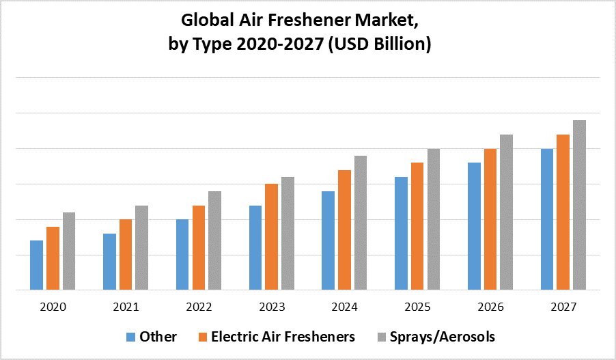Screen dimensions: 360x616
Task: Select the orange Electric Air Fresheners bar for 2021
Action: (x=126, y=254)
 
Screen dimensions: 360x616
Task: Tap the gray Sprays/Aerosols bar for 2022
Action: (x=214, y=240)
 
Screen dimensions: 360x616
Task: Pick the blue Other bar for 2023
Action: (x=255, y=247)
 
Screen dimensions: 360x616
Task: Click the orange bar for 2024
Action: (x=345, y=230)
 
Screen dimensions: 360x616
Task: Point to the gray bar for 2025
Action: (x=434, y=219)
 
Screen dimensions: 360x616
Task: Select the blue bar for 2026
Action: (x=475, y=226)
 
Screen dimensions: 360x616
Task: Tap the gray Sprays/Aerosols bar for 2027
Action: (x=580, y=205)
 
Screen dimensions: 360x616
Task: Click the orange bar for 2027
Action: (x=563, y=212)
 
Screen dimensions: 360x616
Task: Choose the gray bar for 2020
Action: (x=69, y=251)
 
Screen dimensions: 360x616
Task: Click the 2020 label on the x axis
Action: (x=53, y=307)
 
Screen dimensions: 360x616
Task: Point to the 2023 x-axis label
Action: (x=272, y=307)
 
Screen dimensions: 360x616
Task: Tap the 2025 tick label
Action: (x=417, y=307)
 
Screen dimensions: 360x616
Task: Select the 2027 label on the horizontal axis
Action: (x=563, y=307)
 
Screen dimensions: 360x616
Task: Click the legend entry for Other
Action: (x=158, y=337)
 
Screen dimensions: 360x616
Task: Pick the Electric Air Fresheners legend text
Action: (x=283, y=337)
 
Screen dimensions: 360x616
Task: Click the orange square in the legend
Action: (x=203, y=337)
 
